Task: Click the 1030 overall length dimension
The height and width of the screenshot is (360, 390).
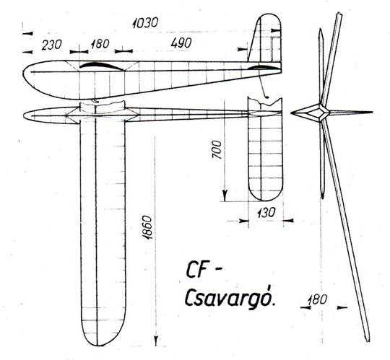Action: (145, 23)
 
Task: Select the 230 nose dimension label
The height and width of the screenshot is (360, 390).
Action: (51, 45)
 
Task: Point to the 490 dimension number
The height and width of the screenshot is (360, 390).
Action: (181, 43)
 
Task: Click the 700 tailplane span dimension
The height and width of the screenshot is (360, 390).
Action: (217, 149)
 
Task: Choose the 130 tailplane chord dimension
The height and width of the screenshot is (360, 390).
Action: (266, 213)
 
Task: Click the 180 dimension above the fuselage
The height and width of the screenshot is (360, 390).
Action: (100, 44)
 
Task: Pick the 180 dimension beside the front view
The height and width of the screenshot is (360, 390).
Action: (317, 300)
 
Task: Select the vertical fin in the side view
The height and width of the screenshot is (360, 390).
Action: (265, 38)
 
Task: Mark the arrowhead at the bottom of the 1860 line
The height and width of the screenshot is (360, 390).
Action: (156, 340)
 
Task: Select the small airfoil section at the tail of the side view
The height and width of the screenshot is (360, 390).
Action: (261, 67)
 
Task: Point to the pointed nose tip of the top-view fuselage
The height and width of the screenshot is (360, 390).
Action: (24, 115)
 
